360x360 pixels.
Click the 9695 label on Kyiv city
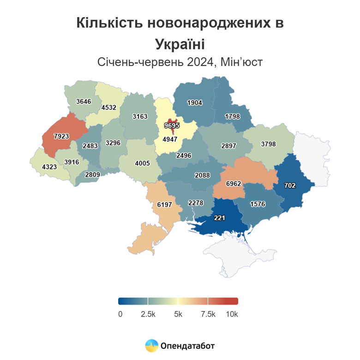pos(172,125)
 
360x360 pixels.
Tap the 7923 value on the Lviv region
pos(61,136)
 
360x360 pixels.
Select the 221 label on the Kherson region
pos(219,218)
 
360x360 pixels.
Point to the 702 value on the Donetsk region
pos(289,185)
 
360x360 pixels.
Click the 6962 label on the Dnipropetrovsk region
pos(234,183)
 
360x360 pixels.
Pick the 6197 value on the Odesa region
pos(164,204)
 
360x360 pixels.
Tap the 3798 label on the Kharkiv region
pos(268,144)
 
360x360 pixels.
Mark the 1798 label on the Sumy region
pos(233,116)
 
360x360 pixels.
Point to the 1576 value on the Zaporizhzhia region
pos(257,204)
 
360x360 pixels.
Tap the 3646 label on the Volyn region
pos(84,101)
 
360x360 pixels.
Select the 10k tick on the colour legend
pos(232,314)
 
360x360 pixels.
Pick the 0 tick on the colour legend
pos(120,314)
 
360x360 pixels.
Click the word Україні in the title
pos(180,45)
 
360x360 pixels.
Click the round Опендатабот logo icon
pos(151,345)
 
